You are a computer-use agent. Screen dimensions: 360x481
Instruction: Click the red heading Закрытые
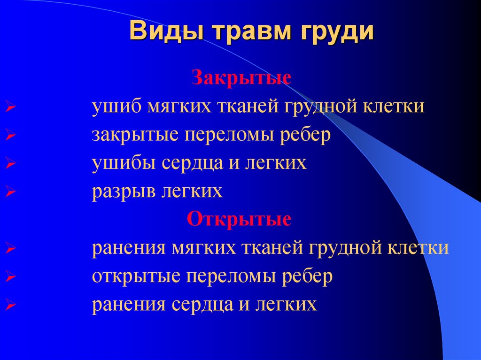pos(240,77)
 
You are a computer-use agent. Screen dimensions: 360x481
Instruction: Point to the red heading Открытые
pos(239,219)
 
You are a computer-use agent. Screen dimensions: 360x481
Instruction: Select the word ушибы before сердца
pos(119,163)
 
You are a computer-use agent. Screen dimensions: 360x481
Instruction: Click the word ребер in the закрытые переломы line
pos(306,135)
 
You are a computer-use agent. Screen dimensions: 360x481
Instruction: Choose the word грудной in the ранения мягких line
pos(347,248)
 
